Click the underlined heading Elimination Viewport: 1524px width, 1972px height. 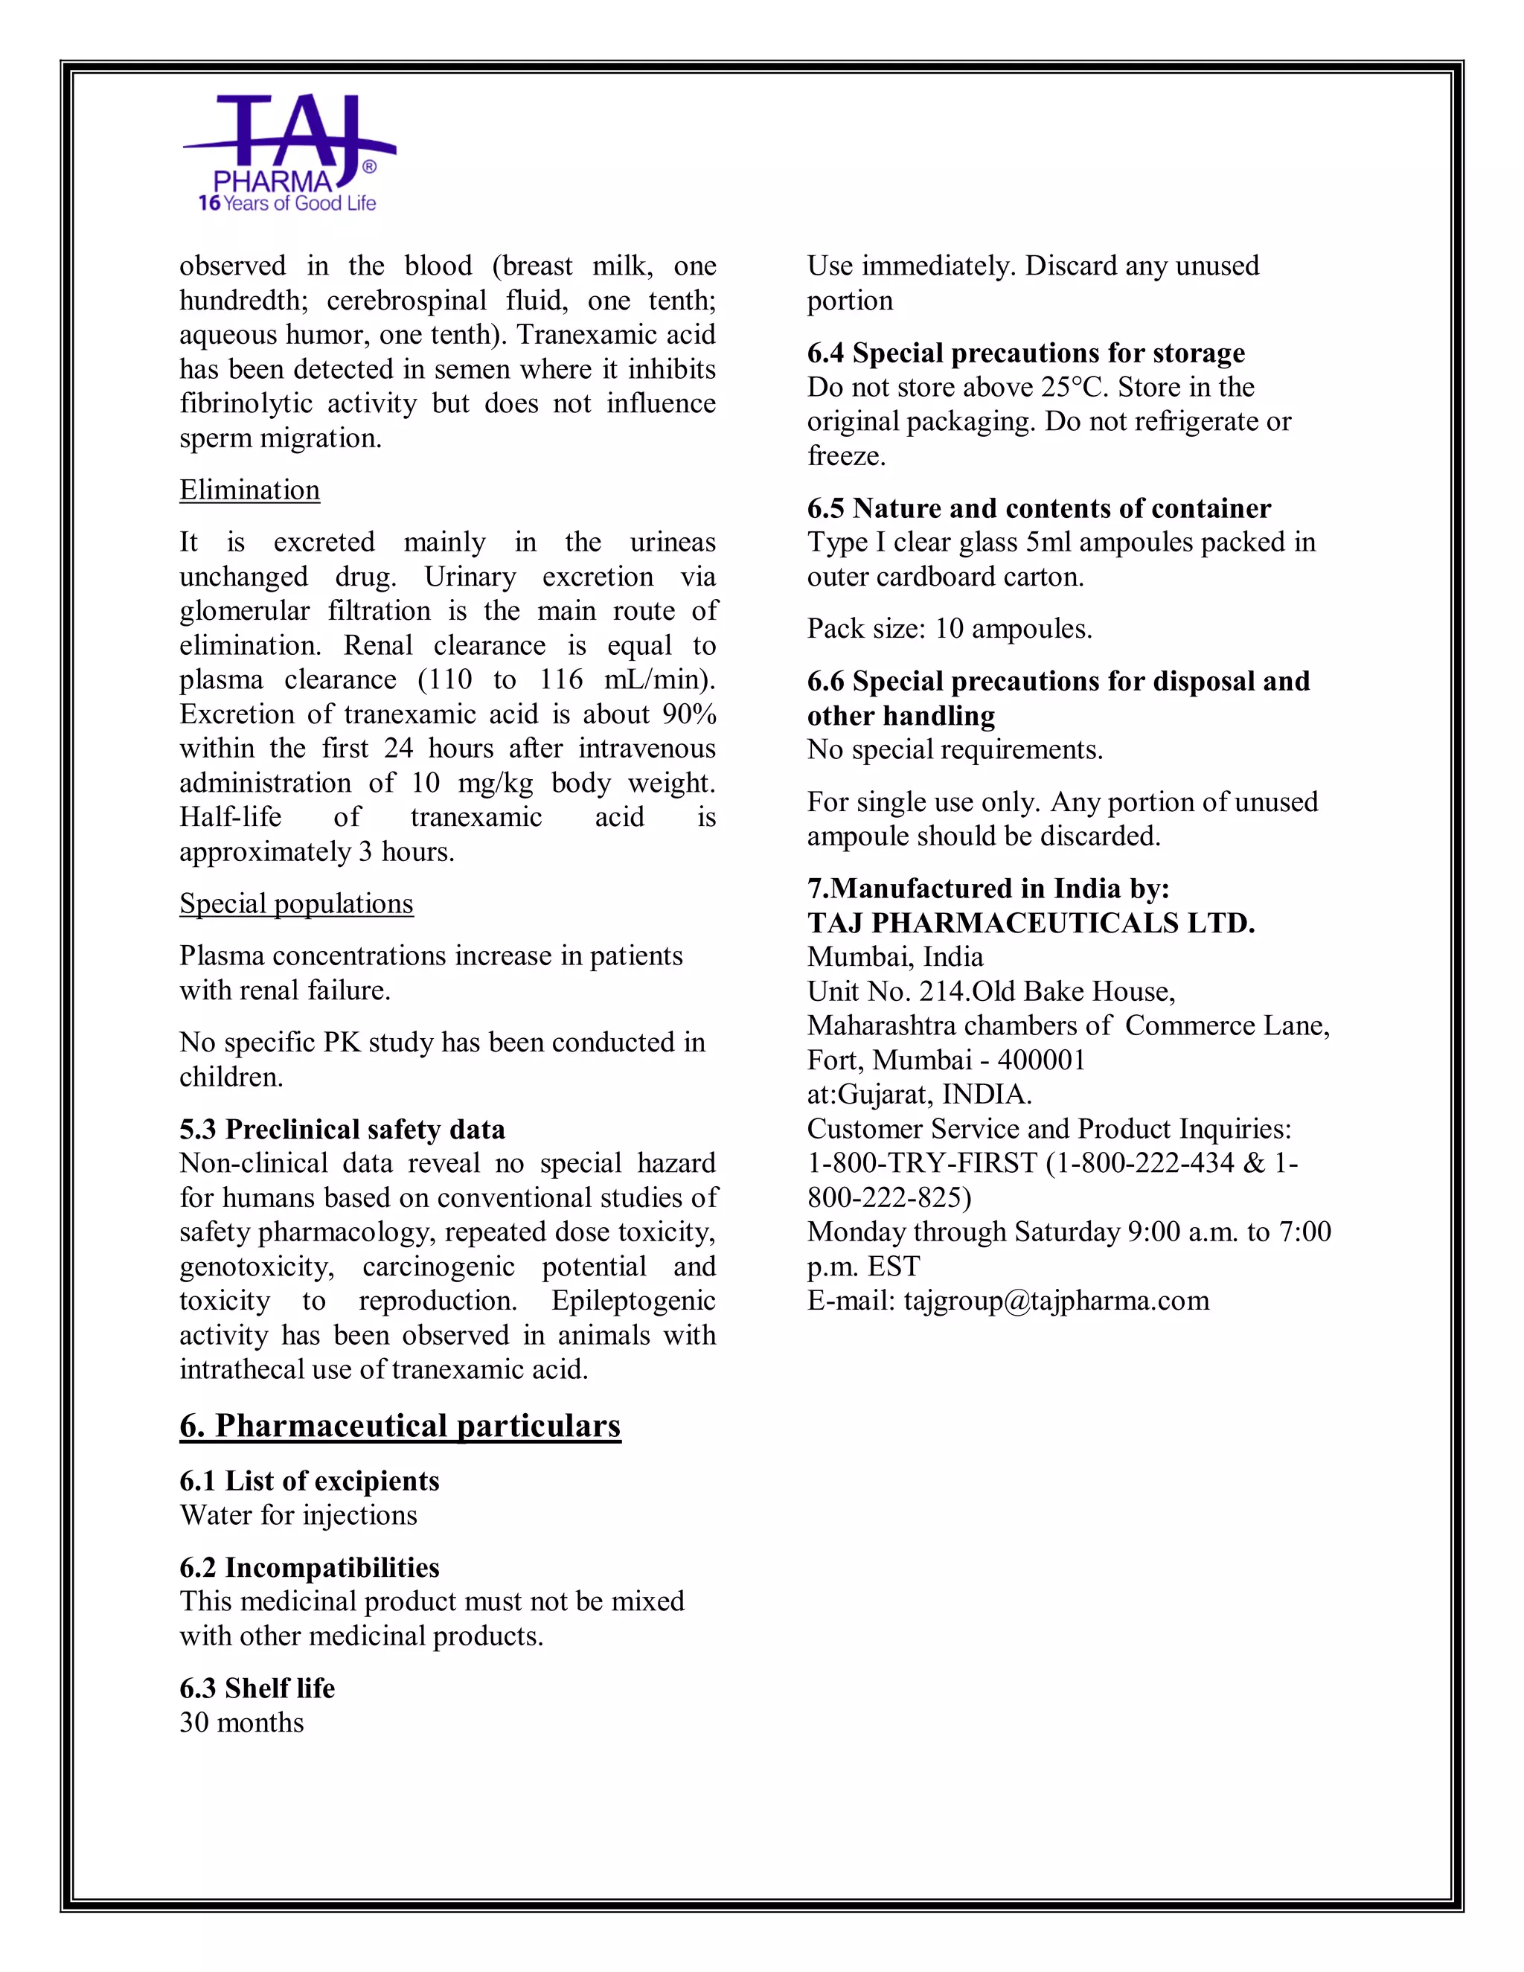tap(249, 490)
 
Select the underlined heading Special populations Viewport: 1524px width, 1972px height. tap(296, 904)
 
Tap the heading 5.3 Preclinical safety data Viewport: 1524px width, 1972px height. tap(342, 1130)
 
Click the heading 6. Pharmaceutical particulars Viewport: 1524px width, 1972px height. tap(400, 1426)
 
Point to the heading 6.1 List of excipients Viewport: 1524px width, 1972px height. tap(309, 1481)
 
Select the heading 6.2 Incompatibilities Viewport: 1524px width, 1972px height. tap(309, 1567)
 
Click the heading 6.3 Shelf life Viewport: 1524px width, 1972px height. tap(257, 1688)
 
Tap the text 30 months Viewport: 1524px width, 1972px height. tap(241, 1723)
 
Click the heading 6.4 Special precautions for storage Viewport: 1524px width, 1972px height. tap(1025, 353)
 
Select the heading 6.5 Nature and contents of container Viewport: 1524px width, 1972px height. tap(1038, 508)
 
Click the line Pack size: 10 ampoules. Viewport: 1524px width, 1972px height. tap(949, 630)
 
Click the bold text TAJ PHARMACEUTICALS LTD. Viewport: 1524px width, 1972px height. tap(1030, 923)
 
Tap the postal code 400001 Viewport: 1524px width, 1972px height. tap(1040, 1060)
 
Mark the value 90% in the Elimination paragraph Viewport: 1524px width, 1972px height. tap(688, 714)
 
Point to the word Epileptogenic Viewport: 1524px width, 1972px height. tap(633, 1301)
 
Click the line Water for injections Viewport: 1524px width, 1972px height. tap(298, 1515)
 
